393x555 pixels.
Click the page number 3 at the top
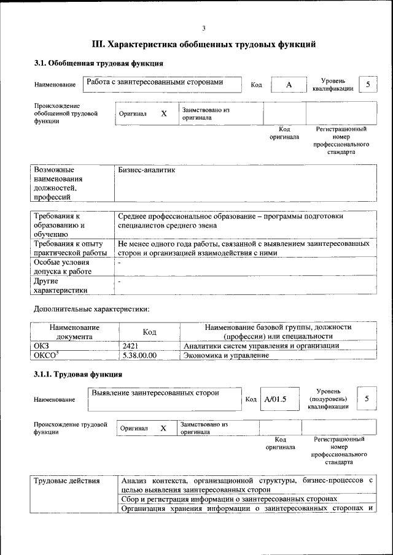tap(203, 28)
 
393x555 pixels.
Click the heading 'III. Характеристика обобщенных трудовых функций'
tap(203, 44)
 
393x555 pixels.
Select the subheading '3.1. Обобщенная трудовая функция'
tap(98, 63)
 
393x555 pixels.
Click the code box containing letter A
tap(288, 85)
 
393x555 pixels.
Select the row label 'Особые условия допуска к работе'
tap(63, 266)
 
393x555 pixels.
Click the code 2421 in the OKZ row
tap(130, 346)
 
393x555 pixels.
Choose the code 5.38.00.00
tap(139, 355)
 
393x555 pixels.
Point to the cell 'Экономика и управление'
tap(227, 355)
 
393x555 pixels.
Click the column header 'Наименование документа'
tap(74, 332)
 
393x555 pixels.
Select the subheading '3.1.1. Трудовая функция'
tap(78, 374)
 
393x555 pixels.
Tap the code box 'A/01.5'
tap(275, 399)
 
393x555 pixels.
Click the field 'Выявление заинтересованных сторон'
tap(155, 392)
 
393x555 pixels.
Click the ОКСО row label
tap(46, 355)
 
